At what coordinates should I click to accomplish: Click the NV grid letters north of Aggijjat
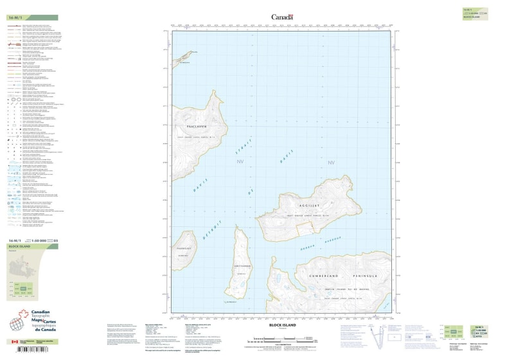click(332, 163)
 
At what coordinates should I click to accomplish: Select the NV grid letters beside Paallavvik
click(240, 163)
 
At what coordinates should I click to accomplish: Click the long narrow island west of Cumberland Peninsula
click(239, 264)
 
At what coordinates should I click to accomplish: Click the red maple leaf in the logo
click(26, 314)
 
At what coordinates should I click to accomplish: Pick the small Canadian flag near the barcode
click(14, 342)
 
